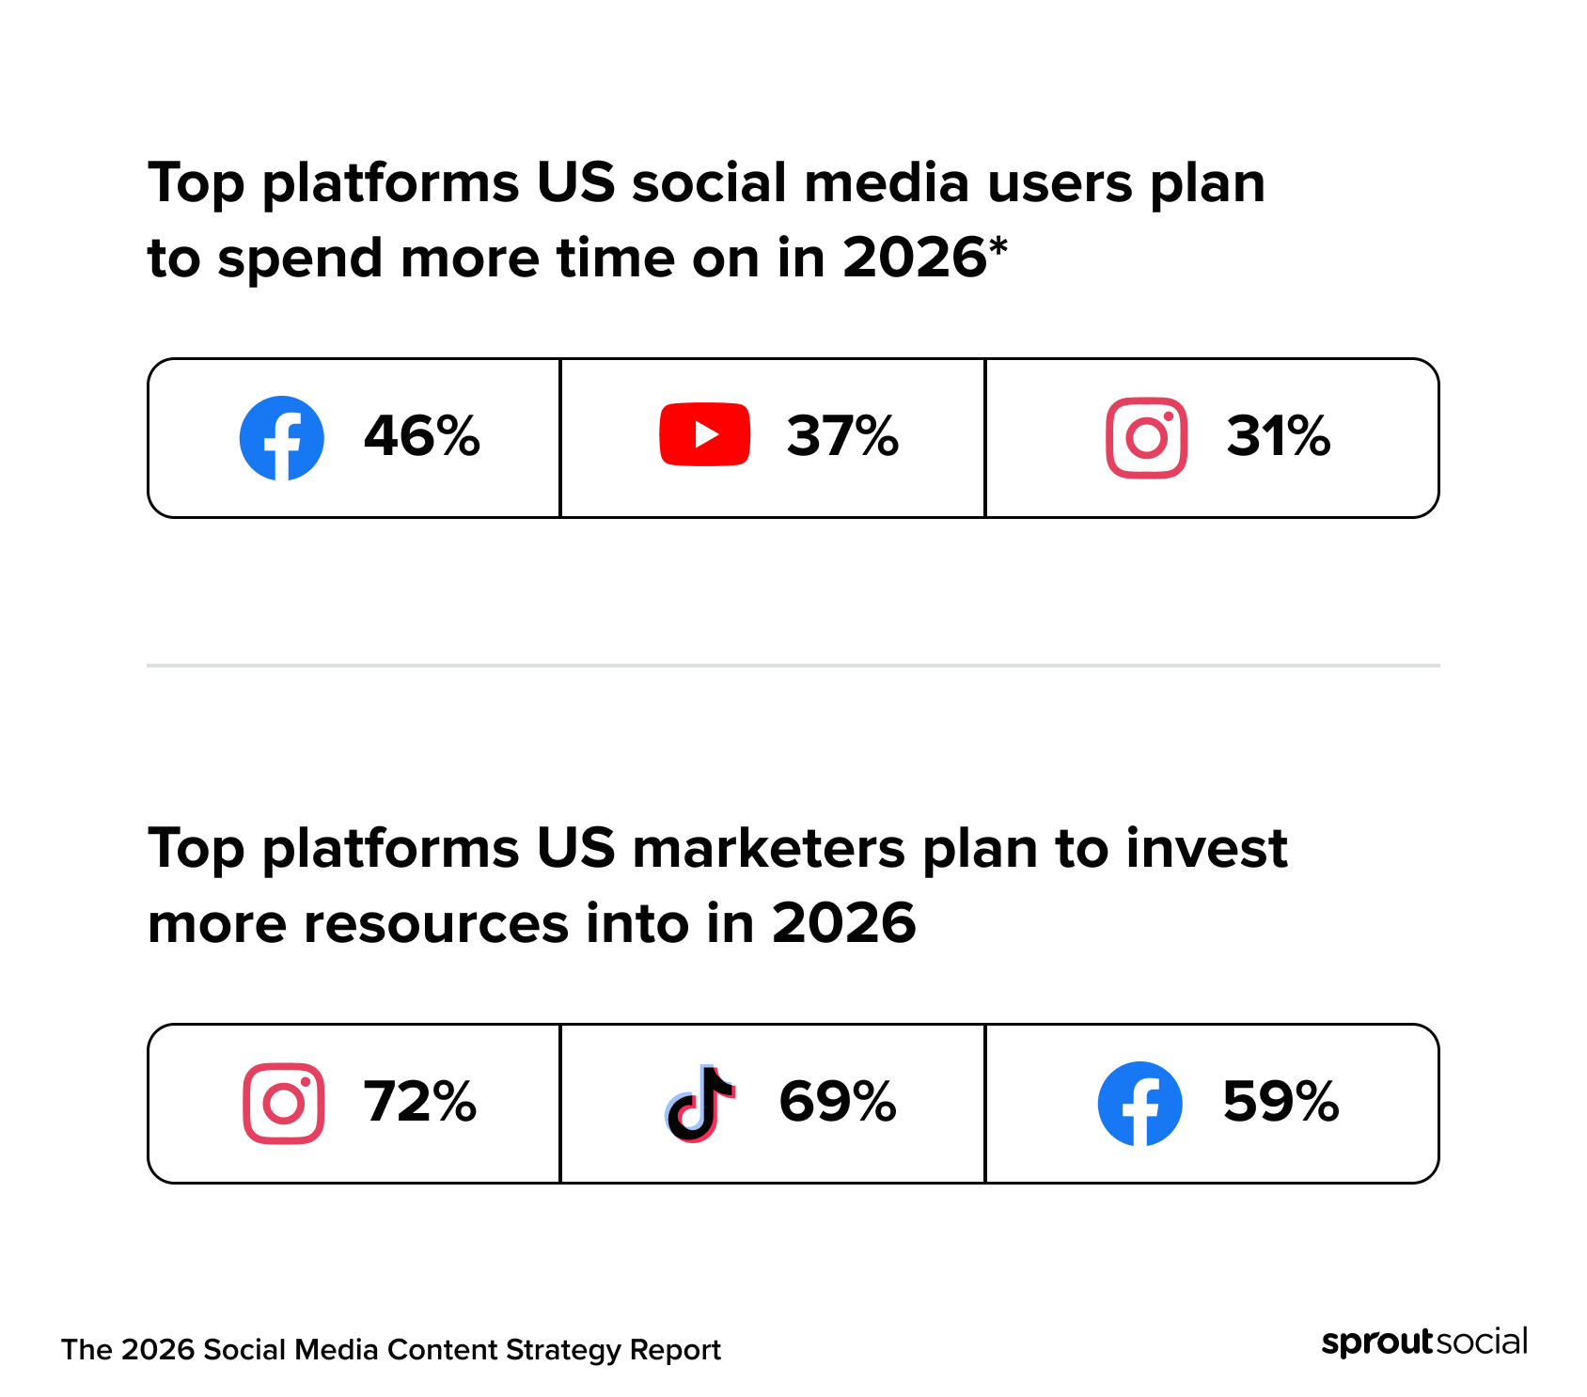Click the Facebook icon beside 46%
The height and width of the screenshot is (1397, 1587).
(x=281, y=438)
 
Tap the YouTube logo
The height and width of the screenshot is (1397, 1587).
(x=704, y=434)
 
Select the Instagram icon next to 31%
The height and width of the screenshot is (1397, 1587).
(x=1146, y=438)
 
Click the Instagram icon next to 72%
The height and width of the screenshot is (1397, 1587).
(x=283, y=1104)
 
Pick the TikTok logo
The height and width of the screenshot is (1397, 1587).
(x=699, y=1104)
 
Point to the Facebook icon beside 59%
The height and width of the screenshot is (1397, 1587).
(x=1139, y=1104)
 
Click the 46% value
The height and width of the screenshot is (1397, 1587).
(x=422, y=436)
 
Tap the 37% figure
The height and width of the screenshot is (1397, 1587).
(x=842, y=436)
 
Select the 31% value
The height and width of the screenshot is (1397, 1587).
(x=1278, y=436)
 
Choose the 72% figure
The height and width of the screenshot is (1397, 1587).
(x=420, y=1102)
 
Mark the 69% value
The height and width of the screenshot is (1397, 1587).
(x=838, y=1102)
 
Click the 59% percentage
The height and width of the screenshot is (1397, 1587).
(x=1281, y=1102)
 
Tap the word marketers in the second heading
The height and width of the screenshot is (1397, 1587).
(x=767, y=849)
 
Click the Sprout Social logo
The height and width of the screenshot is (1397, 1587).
(x=1423, y=1342)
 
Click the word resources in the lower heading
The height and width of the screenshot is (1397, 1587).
(x=435, y=924)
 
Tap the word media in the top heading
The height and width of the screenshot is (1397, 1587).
(x=886, y=183)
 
